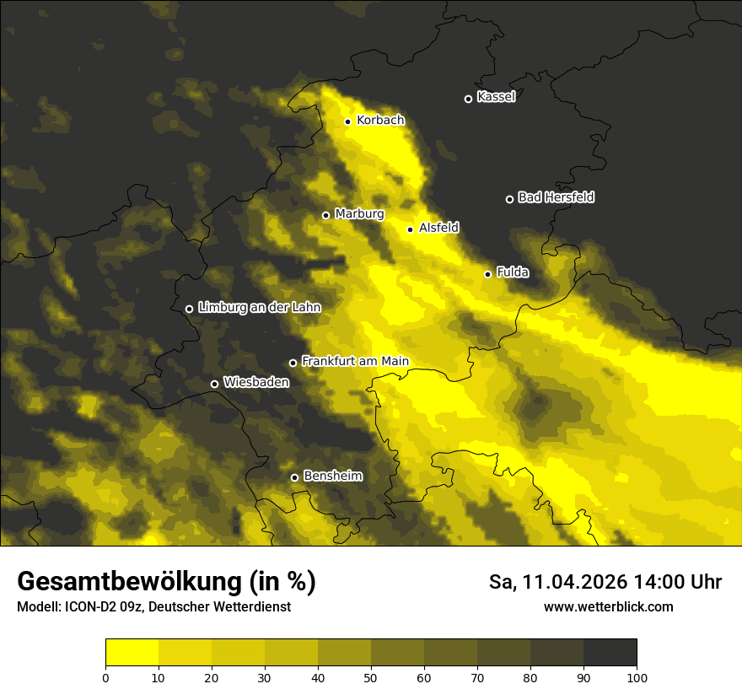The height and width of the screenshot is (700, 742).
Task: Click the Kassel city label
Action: (496, 97)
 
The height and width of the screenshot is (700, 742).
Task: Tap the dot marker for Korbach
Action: (347, 121)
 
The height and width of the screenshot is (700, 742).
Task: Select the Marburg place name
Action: (359, 214)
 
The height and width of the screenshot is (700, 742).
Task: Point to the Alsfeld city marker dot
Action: (411, 229)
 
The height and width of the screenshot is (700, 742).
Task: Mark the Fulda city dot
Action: (487, 274)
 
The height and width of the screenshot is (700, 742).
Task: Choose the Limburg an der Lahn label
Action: (259, 308)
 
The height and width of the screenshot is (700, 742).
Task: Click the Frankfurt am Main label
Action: (355, 362)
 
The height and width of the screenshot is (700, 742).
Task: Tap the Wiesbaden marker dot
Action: (214, 384)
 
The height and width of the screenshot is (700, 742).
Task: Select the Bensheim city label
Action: (332, 477)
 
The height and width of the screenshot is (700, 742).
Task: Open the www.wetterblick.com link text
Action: (608, 606)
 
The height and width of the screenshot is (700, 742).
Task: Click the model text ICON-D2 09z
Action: (101, 607)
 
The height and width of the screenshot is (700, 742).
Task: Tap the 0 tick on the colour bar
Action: (105, 676)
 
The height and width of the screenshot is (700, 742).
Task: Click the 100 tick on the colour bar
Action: (637, 676)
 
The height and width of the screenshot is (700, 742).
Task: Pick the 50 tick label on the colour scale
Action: (371, 676)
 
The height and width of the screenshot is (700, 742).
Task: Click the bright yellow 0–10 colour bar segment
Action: (132, 652)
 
